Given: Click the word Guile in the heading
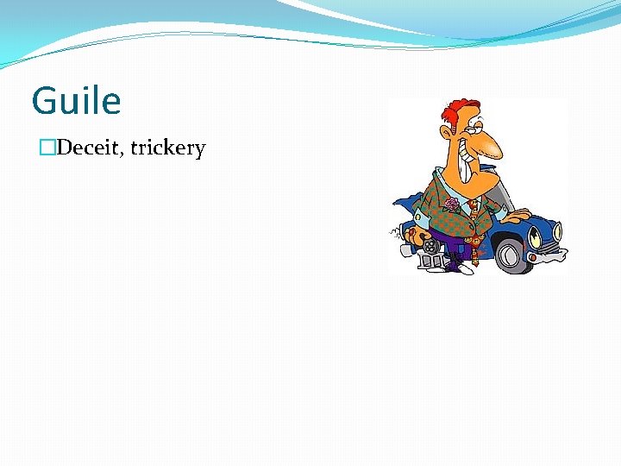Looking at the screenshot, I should point(76,101).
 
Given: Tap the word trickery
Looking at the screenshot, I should point(168,148).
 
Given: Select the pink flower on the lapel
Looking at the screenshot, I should point(452,205).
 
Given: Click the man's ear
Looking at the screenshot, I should point(447,132).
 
